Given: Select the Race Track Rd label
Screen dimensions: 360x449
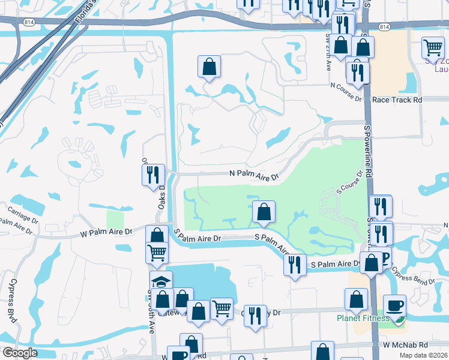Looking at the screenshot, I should point(397,100).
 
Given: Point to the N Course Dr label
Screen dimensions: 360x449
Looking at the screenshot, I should point(347,95).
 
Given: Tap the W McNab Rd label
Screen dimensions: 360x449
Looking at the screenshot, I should point(405,345).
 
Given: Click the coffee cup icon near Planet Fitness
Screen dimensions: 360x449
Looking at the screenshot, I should point(394,305).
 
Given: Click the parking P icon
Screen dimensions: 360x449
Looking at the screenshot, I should point(384,257).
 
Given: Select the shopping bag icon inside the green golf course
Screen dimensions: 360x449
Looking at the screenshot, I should point(264,211).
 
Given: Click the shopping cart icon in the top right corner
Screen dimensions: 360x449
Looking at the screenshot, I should point(433,47).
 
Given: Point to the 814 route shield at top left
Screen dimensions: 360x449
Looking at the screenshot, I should point(29,22).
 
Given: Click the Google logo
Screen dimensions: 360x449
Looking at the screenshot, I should point(19,353).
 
